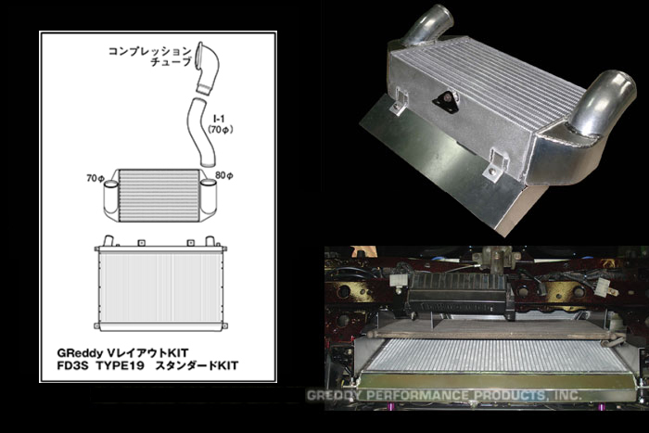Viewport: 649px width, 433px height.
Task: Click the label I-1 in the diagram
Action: (x=220, y=120)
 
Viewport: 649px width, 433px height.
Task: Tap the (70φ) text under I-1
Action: (x=221, y=130)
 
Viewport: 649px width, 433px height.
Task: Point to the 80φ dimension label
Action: (x=224, y=175)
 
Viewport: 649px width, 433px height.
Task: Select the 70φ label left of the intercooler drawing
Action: (x=95, y=178)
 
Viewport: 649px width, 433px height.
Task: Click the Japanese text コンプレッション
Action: (x=150, y=51)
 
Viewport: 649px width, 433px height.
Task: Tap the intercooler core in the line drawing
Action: (x=159, y=195)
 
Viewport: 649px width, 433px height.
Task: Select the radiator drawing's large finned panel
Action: (x=160, y=288)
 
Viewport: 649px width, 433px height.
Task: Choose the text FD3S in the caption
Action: (x=73, y=366)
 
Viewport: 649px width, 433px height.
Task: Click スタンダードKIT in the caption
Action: (x=197, y=366)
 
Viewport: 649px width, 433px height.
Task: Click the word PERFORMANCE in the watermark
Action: (x=418, y=395)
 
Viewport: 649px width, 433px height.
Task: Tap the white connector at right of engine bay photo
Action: (x=604, y=287)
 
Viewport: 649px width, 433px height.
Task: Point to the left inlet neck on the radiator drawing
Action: (x=108, y=241)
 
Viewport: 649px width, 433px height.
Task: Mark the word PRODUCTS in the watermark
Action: (x=510, y=395)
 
